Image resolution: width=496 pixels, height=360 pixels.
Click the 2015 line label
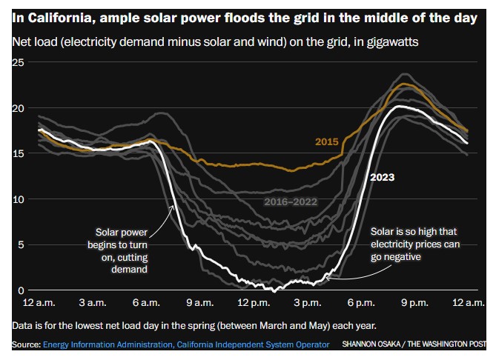click(x=326, y=141)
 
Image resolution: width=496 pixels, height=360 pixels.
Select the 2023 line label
click(x=383, y=177)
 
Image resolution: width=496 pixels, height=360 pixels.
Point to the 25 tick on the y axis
click(x=20, y=64)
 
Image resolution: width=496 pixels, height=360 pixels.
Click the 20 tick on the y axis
click(x=20, y=109)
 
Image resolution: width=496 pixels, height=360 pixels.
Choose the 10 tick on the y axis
click(x=20, y=199)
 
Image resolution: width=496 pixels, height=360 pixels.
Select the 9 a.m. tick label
click(x=199, y=303)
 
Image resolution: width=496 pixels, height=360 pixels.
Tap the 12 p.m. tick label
click(x=254, y=303)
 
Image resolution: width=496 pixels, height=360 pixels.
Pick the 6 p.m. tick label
click(x=361, y=303)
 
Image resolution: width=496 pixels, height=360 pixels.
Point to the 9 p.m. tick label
click(x=414, y=303)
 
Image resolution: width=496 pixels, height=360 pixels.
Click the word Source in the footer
click(x=25, y=344)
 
